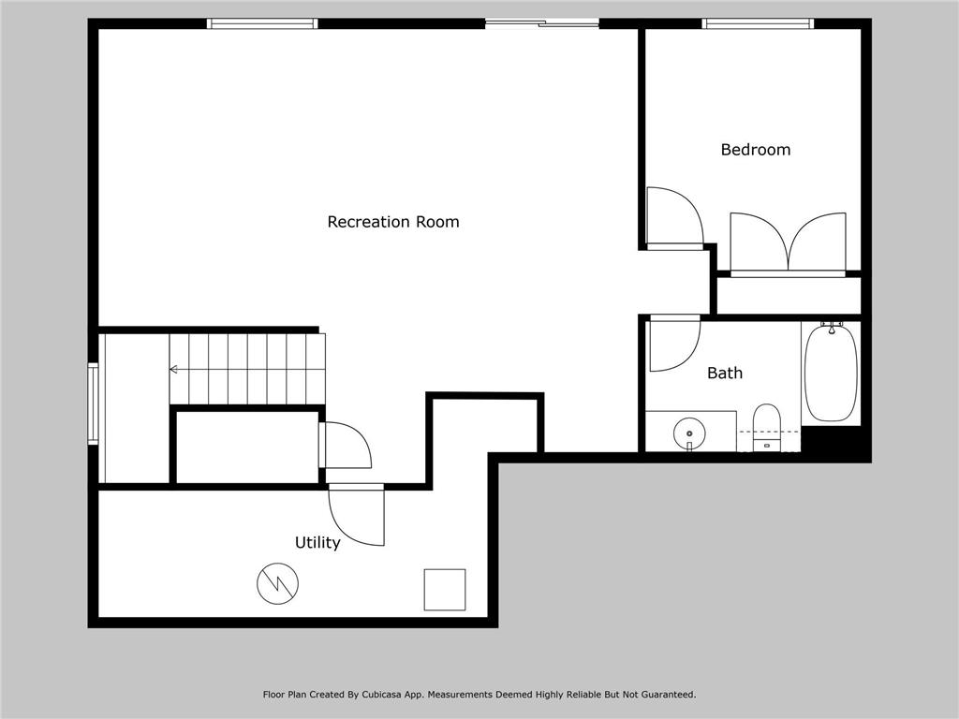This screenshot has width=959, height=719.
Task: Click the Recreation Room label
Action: (x=392, y=222)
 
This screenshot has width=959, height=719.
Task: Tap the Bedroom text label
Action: (x=755, y=150)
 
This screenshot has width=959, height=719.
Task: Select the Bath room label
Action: (x=724, y=373)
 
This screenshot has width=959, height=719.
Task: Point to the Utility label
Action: (x=317, y=543)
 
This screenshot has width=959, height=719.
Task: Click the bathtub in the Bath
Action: (x=830, y=372)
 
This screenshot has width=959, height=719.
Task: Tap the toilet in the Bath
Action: (x=766, y=427)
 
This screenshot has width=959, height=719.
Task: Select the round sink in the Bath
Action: (x=690, y=433)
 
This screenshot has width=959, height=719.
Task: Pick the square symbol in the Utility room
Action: (x=445, y=589)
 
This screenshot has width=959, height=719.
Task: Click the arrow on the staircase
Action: (x=174, y=370)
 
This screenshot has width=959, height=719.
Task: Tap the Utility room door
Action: (x=357, y=515)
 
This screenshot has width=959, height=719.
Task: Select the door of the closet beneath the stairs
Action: (x=346, y=446)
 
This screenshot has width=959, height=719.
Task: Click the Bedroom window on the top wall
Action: (x=758, y=24)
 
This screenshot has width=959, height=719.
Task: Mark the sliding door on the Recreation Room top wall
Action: (x=542, y=23)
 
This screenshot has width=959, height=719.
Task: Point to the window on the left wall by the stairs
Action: (x=93, y=404)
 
